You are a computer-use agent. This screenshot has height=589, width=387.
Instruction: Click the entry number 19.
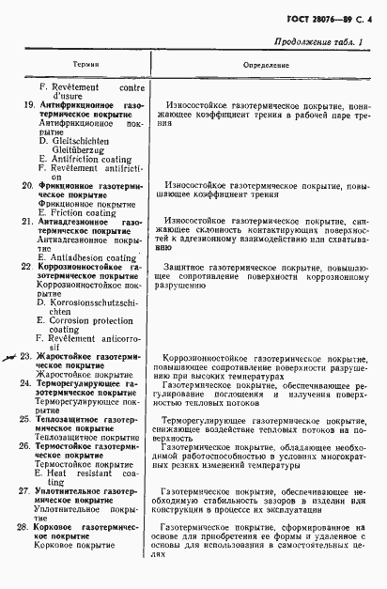[28, 104]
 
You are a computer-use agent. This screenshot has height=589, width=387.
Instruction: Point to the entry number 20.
[28, 186]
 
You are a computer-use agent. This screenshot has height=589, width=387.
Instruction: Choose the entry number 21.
[28, 222]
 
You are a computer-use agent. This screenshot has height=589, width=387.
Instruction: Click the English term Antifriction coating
[91, 159]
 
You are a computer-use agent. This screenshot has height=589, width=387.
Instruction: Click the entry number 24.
[28, 384]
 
